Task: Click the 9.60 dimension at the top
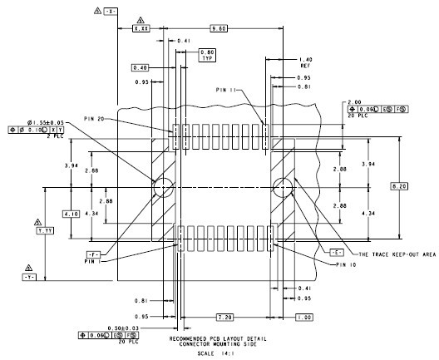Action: click(x=219, y=28)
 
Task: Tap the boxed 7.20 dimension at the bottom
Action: click(x=224, y=318)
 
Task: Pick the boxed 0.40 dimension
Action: click(x=139, y=67)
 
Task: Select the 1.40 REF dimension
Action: click(x=304, y=63)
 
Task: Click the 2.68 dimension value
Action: click(x=91, y=170)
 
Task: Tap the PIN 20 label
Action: click(x=94, y=119)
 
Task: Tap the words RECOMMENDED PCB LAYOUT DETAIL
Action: click(x=218, y=338)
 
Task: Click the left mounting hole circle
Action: click(x=162, y=189)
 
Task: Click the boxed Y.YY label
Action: click(x=44, y=229)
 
